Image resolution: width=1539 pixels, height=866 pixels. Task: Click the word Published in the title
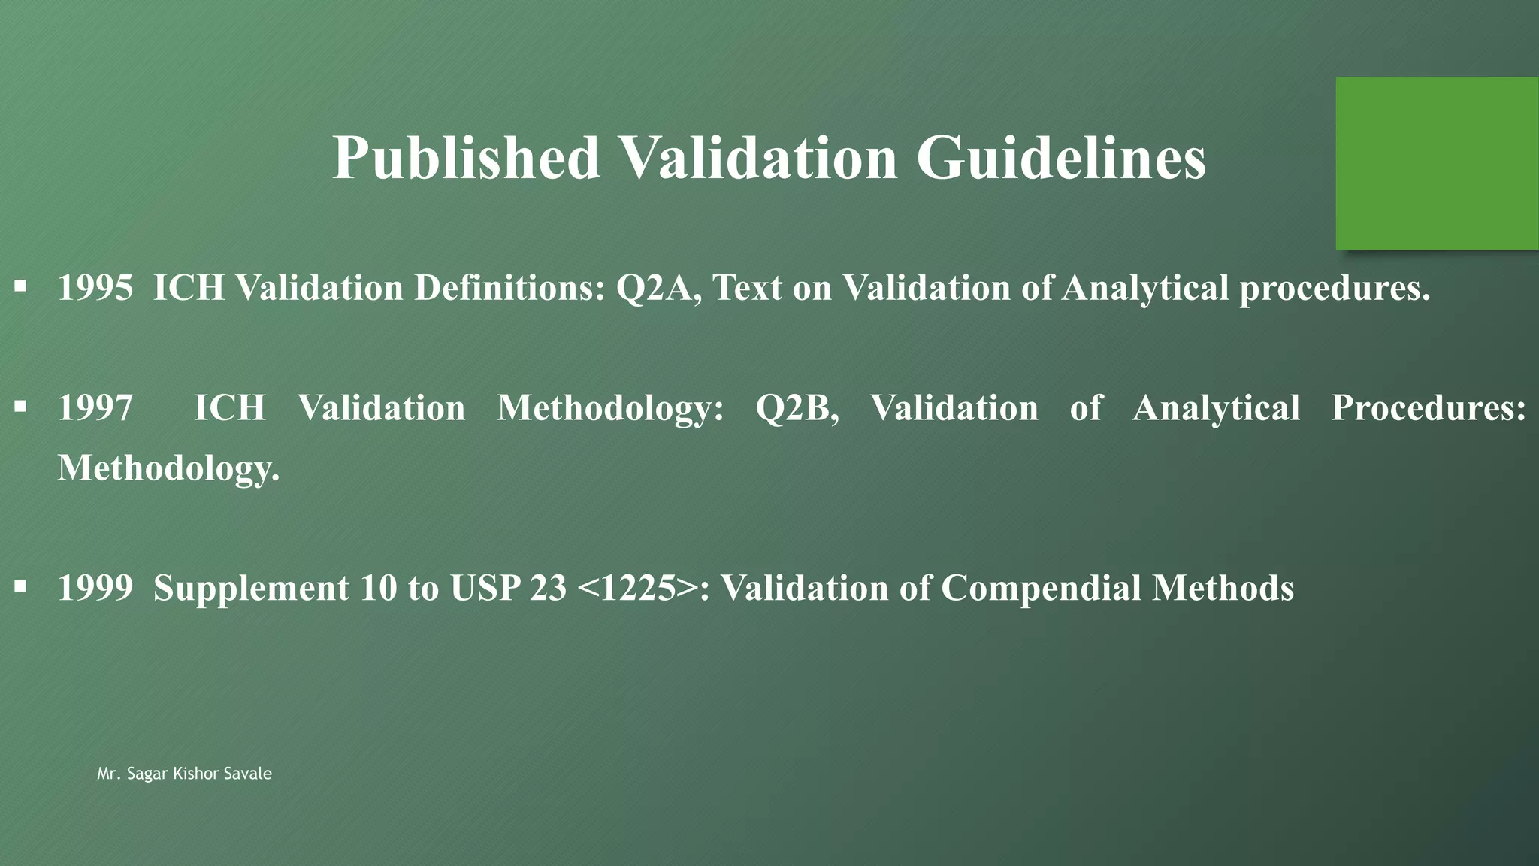click(x=466, y=158)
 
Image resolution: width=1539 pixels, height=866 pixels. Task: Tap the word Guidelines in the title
click(x=1060, y=158)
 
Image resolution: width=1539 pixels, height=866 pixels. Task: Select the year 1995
click(x=95, y=287)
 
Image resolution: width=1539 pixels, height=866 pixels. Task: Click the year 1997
click(x=95, y=407)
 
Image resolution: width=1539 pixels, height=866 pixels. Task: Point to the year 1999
click(x=95, y=587)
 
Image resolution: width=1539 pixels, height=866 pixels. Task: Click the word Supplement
click(x=251, y=587)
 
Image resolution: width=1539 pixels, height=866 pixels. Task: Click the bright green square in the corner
click(x=1437, y=163)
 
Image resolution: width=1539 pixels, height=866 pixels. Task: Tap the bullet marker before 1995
click(x=20, y=286)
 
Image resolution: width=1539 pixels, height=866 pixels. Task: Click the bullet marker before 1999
click(x=20, y=586)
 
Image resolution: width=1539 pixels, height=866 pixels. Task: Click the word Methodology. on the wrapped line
click(x=168, y=468)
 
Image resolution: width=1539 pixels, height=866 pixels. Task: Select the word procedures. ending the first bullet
click(x=1335, y=287)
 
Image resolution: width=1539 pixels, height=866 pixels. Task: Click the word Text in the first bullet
click(x=747, y=287)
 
